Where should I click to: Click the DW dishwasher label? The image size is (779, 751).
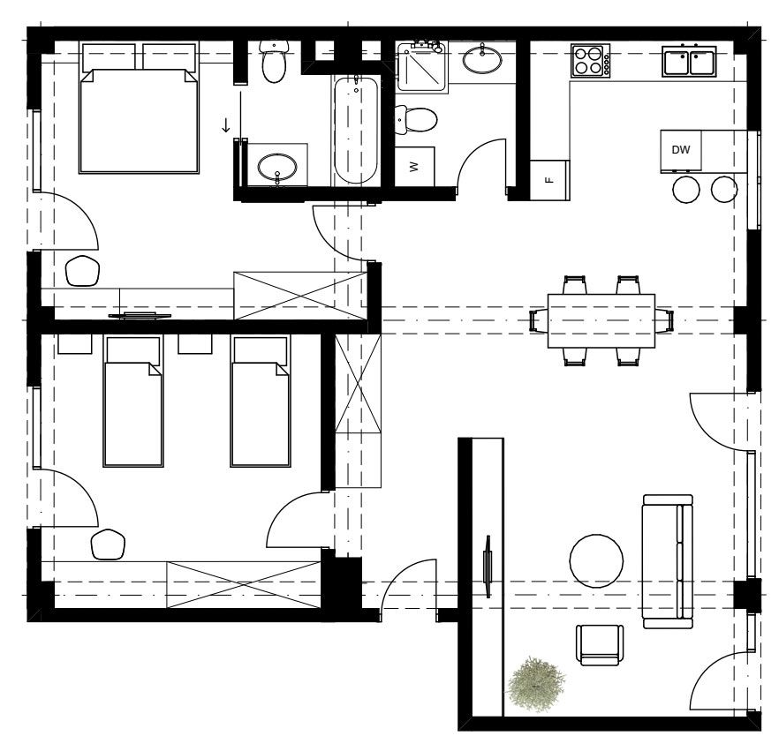(680, 149)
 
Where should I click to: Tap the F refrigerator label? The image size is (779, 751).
(549, 180)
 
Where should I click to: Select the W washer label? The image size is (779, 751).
(415, 167)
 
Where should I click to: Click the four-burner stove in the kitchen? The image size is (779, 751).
(590, 61)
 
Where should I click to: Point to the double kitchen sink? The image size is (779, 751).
(689, 61)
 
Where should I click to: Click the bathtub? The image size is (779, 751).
(355, 130)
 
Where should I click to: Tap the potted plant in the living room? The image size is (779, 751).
(535, 684)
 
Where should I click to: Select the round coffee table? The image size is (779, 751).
(596, 561)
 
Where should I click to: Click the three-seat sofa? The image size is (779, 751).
(668, 561)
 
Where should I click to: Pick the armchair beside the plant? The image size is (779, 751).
(600, 645)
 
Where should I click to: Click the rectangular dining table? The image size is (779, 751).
(601, 321)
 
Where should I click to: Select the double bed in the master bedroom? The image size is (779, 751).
(140, 109)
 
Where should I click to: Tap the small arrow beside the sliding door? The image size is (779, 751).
(226, 125)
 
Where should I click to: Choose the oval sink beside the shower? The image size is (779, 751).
(482, 59)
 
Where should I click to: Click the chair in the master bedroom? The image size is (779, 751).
(82, 271)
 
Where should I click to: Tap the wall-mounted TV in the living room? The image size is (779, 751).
(488, 567)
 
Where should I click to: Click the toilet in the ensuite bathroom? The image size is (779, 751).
(274, 62)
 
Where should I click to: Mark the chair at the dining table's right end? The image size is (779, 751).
(664, 320)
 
